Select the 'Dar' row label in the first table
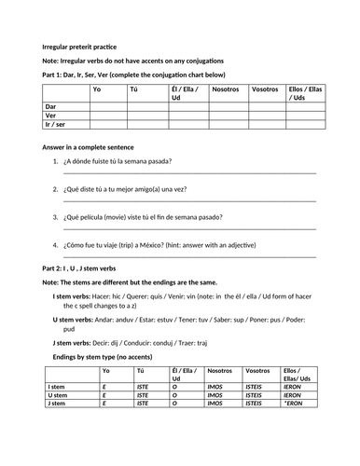pos(51,106)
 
